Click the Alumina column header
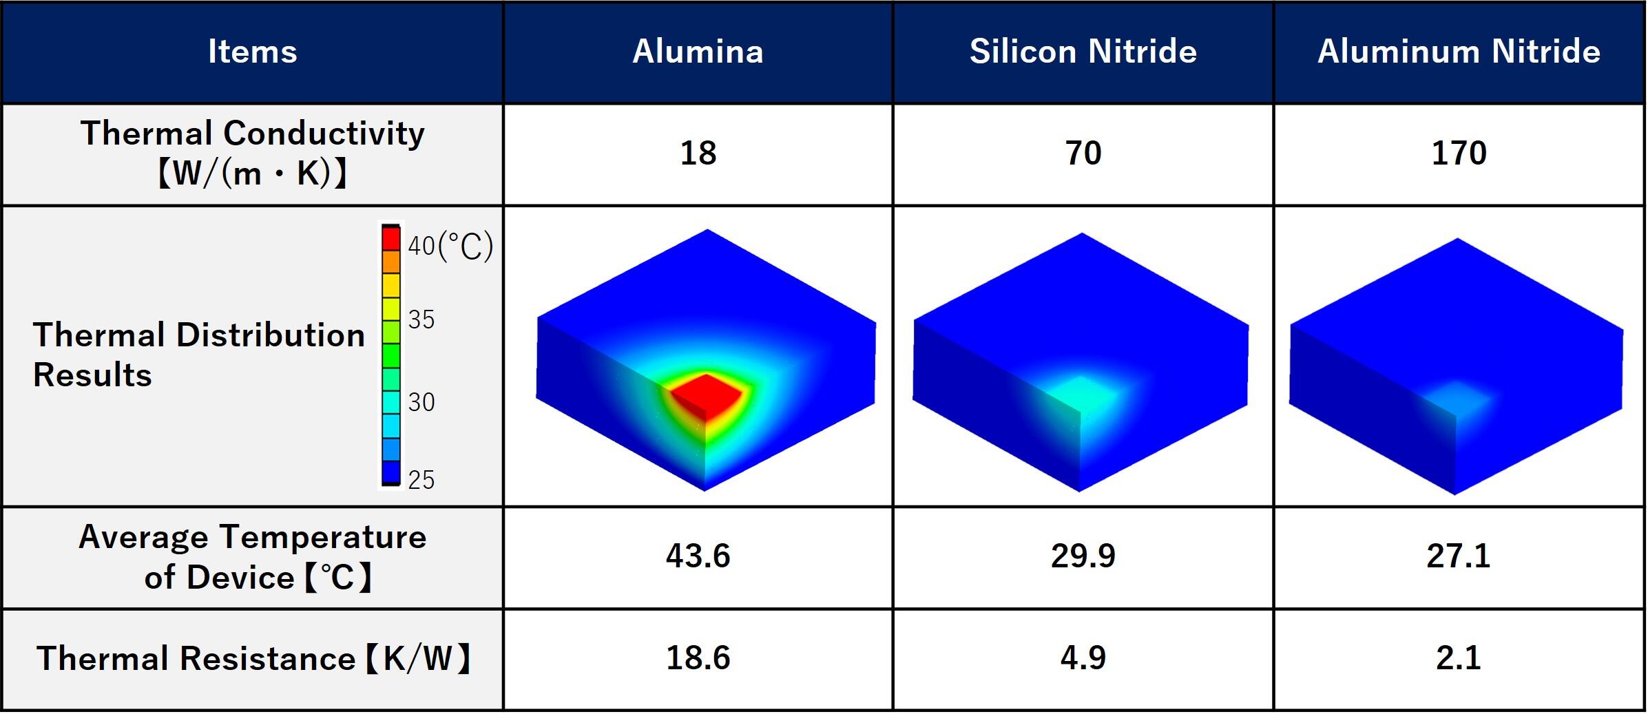698,52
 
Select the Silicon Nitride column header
1083,52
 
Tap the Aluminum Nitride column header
1459,52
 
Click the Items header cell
253,52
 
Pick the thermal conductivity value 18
698,153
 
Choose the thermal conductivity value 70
1083,153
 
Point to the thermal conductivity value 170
1459,153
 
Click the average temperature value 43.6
698,556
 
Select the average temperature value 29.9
1083,556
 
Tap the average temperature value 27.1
1459,556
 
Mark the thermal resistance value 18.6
698,658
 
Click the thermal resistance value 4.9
1083,658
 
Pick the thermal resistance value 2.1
1459,658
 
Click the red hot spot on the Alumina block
706,395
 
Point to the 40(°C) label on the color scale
450,246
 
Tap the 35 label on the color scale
421,319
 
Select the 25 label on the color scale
421,479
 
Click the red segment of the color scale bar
391,238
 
